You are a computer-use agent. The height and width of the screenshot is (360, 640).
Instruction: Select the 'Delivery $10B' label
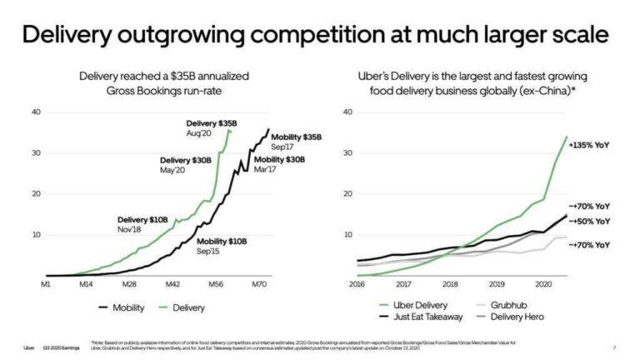pyautogui.click(x=142, y=219)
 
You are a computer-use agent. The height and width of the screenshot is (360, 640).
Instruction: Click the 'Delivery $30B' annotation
pyautogui.click(x=186, y=160)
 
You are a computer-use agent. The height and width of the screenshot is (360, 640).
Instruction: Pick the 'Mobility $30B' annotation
pyautogui.click(x=280, y=159)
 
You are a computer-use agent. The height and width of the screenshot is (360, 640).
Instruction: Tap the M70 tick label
pyautogui.click(x=260, y=283)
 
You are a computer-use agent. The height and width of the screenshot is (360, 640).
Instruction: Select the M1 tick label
pyautogui.click(x=49, y=283)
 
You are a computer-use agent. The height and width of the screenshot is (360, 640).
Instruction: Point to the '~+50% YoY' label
pyautogui.click(x=589, y=222)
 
